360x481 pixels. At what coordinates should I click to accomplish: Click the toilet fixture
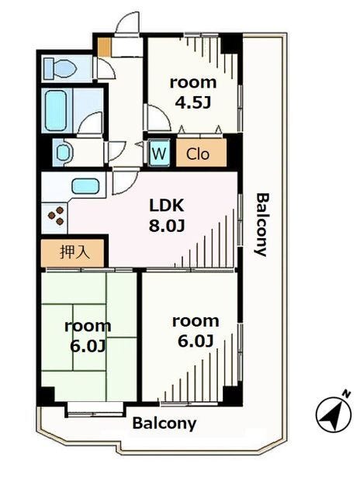[61, 68]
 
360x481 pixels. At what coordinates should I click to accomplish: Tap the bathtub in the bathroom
[56, 110]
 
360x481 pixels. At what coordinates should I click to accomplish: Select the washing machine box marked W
[159, 153]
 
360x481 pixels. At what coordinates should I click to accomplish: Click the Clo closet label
[198, 154]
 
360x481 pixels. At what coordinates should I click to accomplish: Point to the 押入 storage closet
[73, 253]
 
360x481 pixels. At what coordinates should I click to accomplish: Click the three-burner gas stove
[56, 216]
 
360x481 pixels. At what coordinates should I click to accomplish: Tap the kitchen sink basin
[85, 187]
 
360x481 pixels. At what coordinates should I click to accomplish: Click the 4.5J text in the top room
[192, 102]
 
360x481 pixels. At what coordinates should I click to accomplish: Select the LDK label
[167, 206]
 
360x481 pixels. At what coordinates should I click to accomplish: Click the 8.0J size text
[167, 226]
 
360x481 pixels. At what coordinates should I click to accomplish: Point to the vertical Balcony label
[261, 224]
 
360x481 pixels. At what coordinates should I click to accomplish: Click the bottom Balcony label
[164, 424]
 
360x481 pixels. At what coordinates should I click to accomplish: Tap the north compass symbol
[334, 414]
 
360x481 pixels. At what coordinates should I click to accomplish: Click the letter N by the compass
[347, 393]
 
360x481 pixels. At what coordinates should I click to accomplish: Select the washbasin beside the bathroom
[64, 153]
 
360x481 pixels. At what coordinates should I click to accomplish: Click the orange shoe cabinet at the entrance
[104, 47]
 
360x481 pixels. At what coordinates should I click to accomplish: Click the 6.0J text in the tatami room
[88, 346]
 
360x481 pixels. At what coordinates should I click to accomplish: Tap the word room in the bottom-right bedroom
[196, 321]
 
